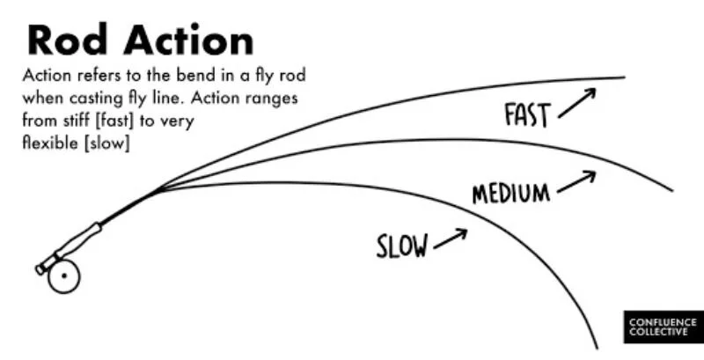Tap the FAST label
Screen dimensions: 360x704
527,115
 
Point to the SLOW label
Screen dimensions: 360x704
402,246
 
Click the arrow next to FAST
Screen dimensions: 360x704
576,102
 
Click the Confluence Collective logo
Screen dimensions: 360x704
663,328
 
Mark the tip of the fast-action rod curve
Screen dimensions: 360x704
622,77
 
